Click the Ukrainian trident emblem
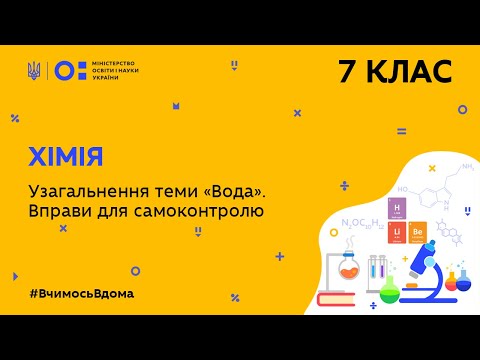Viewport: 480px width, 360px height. [34, 70]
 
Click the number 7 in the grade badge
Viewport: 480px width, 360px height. [347, 71]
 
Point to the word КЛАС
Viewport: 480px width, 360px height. [411, 71]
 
